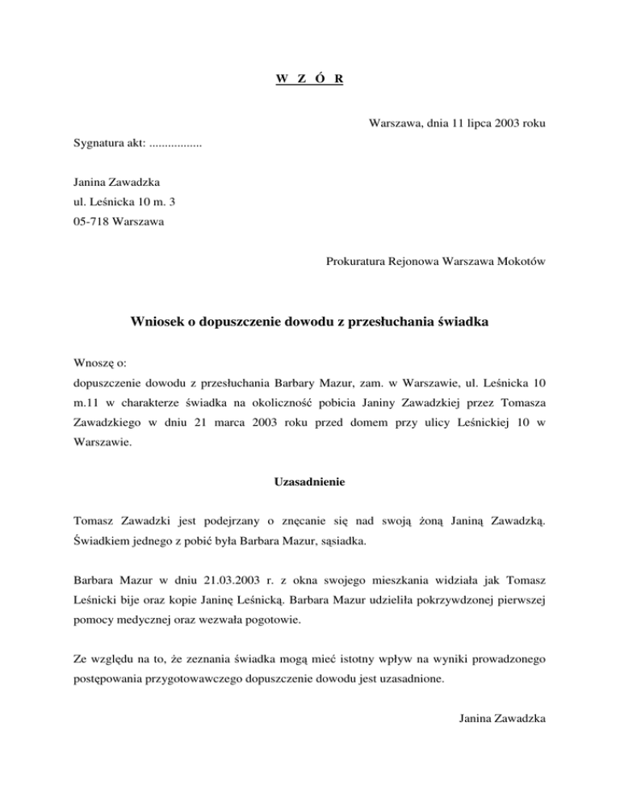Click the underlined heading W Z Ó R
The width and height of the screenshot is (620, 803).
point(310,79)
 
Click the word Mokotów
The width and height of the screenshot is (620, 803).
point(519,260)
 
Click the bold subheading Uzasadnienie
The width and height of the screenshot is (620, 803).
point(310,483)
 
